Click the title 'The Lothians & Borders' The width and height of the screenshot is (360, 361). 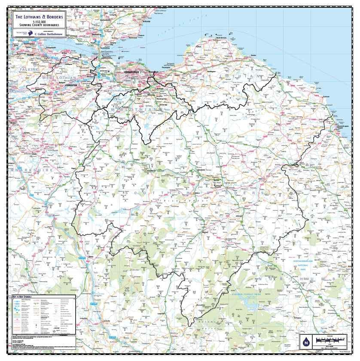[x=39, y=17]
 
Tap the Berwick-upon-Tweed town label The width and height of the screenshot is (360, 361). [x=339, y=121]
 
